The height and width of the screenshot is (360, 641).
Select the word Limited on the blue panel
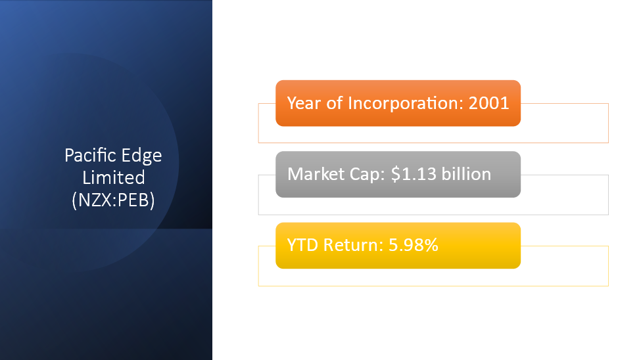(x=114, y=178)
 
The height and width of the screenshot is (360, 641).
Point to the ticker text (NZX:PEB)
(x=113, y=200)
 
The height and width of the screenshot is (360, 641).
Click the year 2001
(x=488, y=103)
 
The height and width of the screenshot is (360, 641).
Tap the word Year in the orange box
(x=304, y=103)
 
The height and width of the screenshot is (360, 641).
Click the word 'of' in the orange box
(x=335, y=103)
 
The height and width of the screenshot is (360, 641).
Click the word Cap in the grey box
(x=368, y=175)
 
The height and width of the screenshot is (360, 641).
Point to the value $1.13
(x=414, y=174)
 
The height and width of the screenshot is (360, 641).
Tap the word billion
(x=466, y=174)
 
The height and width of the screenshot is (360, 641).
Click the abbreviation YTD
(x=302, y=245)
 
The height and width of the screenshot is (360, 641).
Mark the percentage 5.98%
(x=414, y=245)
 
